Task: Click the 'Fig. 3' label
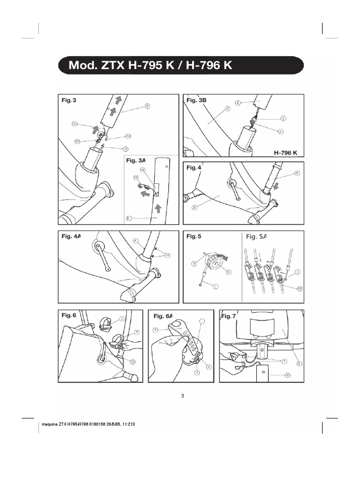tap(68, 100)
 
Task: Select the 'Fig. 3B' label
tap(196, 100)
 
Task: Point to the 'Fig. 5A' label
tap(256, 237)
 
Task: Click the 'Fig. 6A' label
tap(163, 316)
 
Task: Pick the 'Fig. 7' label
tap(228, 316)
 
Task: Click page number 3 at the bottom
tap(182, 396)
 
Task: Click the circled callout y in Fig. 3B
tap(283, 118)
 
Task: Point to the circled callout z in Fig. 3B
tap(280, 132)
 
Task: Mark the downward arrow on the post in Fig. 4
tap(275, 187)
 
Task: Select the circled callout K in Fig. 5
tap(229, 271)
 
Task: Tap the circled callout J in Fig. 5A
tap(297, 271)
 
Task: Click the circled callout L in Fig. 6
tap(122, 318)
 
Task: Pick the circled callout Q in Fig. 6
tap(133, 361)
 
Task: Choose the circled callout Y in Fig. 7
tap(284, 361)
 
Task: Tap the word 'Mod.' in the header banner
tap(81, 65)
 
